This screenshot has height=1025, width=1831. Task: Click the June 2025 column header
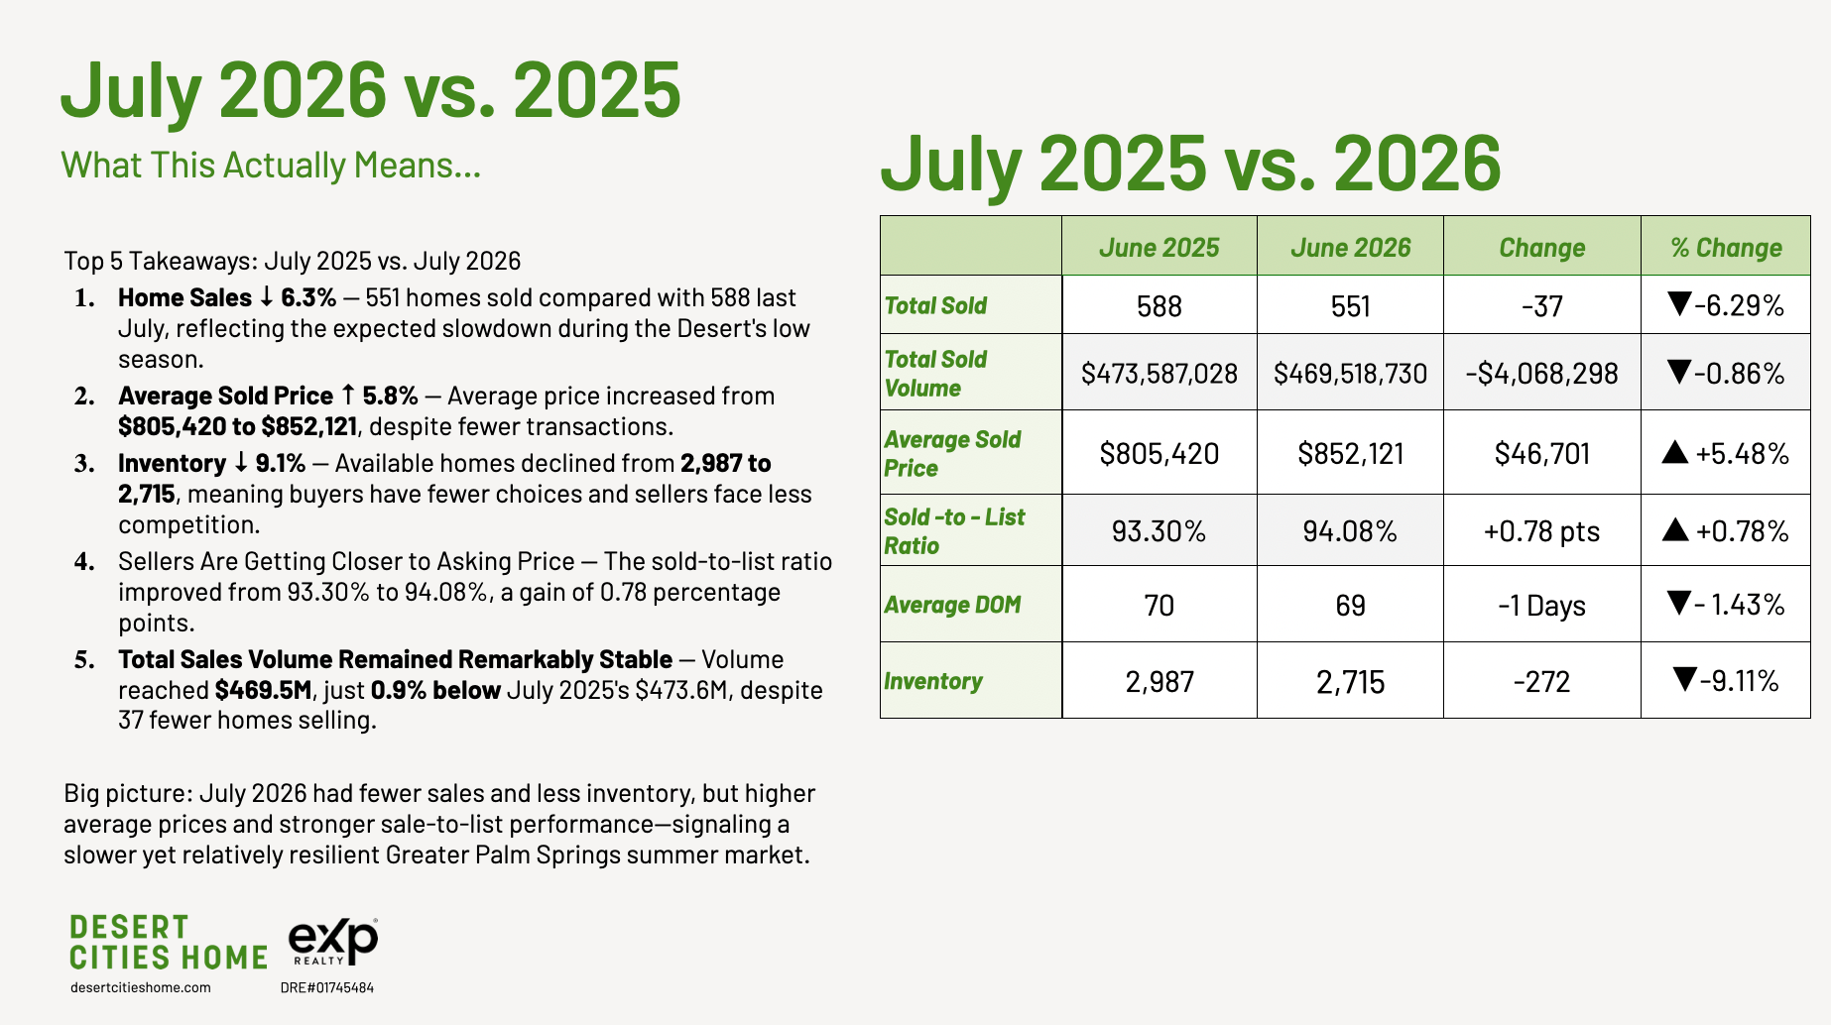coord(1159,248)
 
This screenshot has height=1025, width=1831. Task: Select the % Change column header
coord(1726,248)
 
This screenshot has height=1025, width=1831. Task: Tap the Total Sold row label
coord(935,305)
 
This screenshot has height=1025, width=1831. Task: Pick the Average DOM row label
coord(952,605)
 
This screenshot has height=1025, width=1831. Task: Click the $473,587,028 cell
coord(1159,374)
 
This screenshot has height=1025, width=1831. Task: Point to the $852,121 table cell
coord(1350,454)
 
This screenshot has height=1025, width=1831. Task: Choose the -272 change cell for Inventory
coord(1541,682)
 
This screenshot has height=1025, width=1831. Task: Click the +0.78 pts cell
coord(1541,532)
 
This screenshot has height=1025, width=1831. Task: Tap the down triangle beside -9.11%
coord(1684,679)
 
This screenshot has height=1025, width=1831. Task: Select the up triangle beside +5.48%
coord(1675,452)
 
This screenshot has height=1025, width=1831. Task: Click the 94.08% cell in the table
coord(1350,532)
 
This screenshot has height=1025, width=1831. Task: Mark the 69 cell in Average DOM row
coord(1350,606)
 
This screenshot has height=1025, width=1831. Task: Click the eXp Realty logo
coord(333,941)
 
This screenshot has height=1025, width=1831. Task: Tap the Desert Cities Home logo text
coord(169,942)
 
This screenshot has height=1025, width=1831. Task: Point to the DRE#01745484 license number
coord(327,987)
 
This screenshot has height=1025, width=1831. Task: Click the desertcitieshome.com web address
coord(141,987)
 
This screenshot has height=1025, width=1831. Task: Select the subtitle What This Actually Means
coord(271,166)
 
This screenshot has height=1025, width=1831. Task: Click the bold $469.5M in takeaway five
coord(264,690)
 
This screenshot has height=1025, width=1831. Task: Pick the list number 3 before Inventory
coord(84,464)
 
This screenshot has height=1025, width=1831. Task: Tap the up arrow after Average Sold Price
coord(347,396)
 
